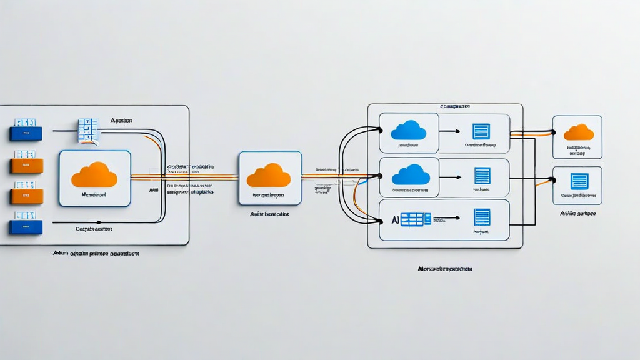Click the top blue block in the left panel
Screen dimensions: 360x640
pyautogui.click(x=26, y=133)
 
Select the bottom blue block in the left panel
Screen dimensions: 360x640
pyautogui.click(x=26, y=227)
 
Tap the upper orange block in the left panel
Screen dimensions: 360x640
pyautogui.click(x=27, y=165)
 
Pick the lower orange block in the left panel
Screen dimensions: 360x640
pyautogui.click(x=27, y=196)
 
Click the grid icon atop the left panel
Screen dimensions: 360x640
pyautogui.click(x=88, y=130)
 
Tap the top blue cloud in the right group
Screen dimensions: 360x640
pyautogui.click(x=408, y=130)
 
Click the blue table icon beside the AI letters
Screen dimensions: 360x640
pyautogui.click(x=415, y=219)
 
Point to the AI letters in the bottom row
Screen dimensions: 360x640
pyautogui.click(x=394, y=219)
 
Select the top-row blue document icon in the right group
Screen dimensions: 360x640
pyautogui.click(x=481, y=131)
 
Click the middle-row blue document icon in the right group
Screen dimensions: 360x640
pyautogui.click(x=482, y=175)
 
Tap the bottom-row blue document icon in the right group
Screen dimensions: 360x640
pyautogui.click(x=482, y=217)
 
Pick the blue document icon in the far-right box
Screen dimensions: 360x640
pyautogui.click(x=579, y=181)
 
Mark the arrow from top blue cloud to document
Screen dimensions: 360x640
pyautogui.click(x=449, y=131)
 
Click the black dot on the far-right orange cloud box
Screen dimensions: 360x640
pyautogui.click(x=552, y=132)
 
